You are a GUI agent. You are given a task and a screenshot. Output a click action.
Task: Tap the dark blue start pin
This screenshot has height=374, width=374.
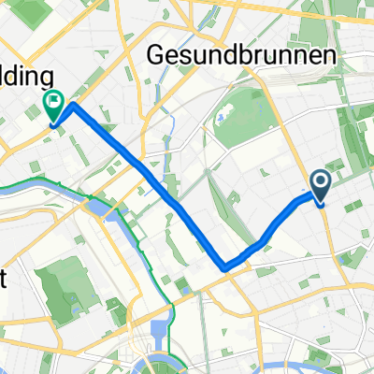[x=321, y=186]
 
